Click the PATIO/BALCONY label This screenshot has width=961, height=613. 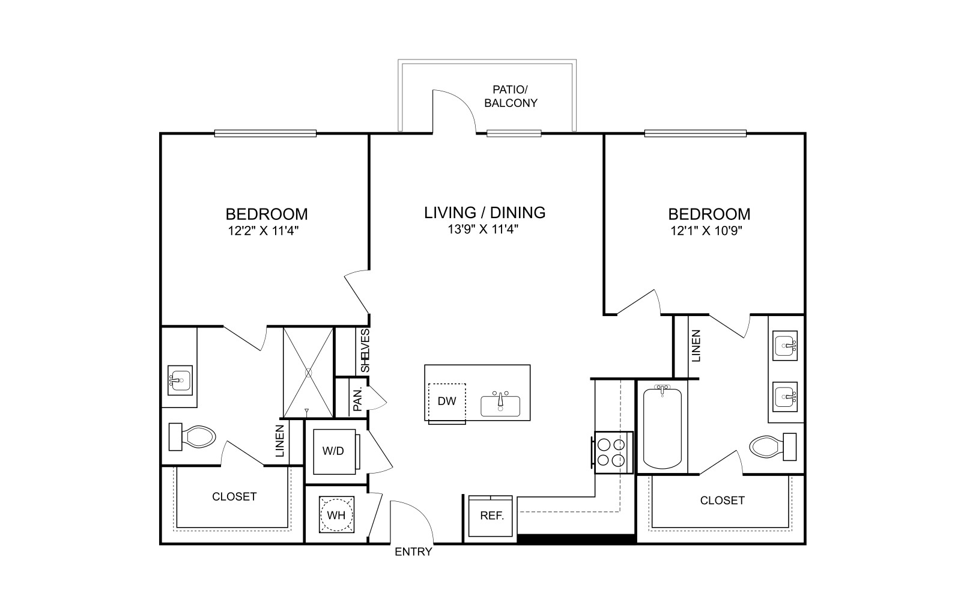point(511,96)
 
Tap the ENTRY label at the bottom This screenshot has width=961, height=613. point(413,552)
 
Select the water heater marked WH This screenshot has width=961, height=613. point(337,514)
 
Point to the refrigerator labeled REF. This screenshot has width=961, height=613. point(491,516)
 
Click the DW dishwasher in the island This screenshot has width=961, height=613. point(447,403)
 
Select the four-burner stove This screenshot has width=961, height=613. point(612,453)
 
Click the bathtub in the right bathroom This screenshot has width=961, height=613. point(662,427)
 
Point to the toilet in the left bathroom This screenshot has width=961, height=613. point(192,436)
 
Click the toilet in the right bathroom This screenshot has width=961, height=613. point(772,447)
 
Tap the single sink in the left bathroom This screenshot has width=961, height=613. point(180,380)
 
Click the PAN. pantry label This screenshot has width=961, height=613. point(358,399)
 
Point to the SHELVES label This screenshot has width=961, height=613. point(365,350)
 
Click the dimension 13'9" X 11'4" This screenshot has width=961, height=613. point(483,229)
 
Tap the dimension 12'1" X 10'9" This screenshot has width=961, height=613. point(706,231)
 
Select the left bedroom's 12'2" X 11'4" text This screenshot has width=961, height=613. point(263,231)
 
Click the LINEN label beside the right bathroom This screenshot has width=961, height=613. point(696,346)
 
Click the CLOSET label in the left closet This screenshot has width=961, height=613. point(234,496)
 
